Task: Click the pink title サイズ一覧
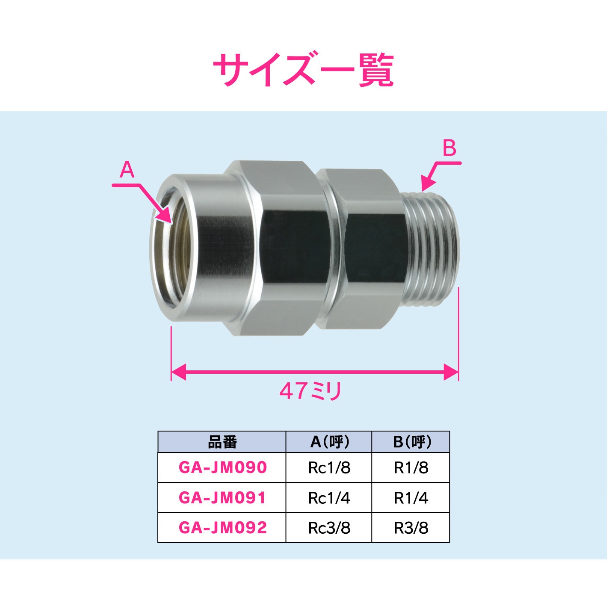[x=303, y=70]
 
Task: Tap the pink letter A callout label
[x=127, y=170]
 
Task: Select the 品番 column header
[x=222, y=442]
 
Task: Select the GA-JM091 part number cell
[x=222, y=498]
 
